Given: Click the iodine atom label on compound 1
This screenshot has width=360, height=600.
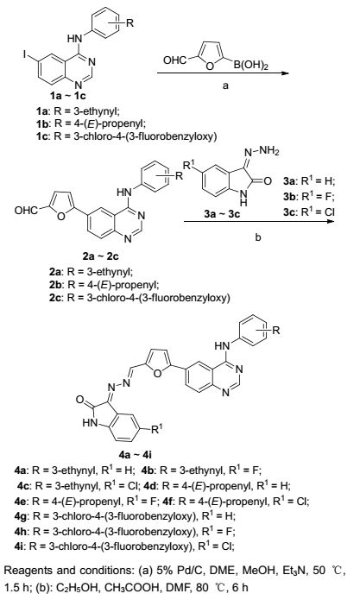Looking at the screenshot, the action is point(25,55).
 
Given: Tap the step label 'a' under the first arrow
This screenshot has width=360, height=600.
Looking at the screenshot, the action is point(225,85).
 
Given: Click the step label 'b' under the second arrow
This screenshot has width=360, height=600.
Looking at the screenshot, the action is point(258,237).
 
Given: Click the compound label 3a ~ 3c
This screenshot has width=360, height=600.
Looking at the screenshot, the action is point(222,214).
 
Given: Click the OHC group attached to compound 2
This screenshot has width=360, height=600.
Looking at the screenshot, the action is point(26,210).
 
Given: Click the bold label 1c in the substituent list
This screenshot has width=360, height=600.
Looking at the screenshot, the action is point(41,136).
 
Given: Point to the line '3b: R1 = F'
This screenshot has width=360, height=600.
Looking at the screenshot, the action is point(309,195).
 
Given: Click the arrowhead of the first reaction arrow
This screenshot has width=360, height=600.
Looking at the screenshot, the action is point(284,73).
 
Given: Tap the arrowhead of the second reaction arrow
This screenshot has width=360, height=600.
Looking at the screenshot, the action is point(330,221).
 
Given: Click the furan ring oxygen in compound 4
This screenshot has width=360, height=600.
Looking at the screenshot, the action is point(157,372).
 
